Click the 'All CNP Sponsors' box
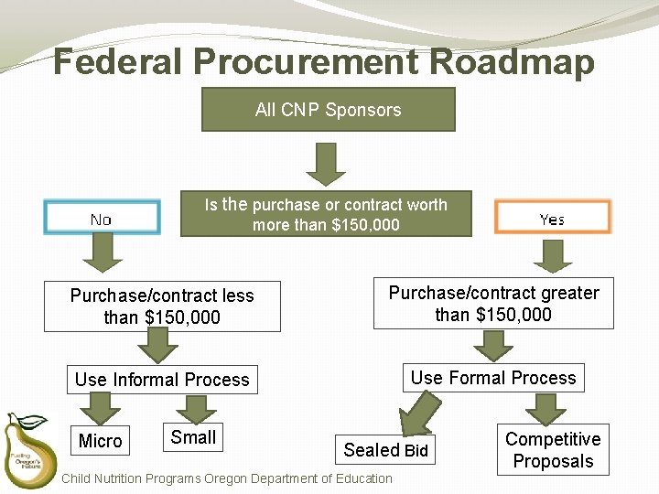click(x=328, y=110)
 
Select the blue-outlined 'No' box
click(x=102, y=218)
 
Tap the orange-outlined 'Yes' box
click(x=552, y=218)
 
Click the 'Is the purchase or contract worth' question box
click(x=326, y=214)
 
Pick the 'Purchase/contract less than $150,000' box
click(x=162, y=306)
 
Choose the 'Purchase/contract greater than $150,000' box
click(x=493, y=303)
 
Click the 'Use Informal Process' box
click(x=162, y=380)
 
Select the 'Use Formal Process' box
click(x=493, y=378)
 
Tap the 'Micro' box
click(x=101, y=441)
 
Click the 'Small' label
click(x=193, y=437)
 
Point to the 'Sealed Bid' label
click(x=385, y=449)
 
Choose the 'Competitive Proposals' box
click(x=553, y=450)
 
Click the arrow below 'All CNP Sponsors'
click(x=327, y=163)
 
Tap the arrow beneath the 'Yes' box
click(x=553, y=255)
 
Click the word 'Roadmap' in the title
click(x=511, y=62)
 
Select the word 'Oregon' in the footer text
click(x=227, y=478)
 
